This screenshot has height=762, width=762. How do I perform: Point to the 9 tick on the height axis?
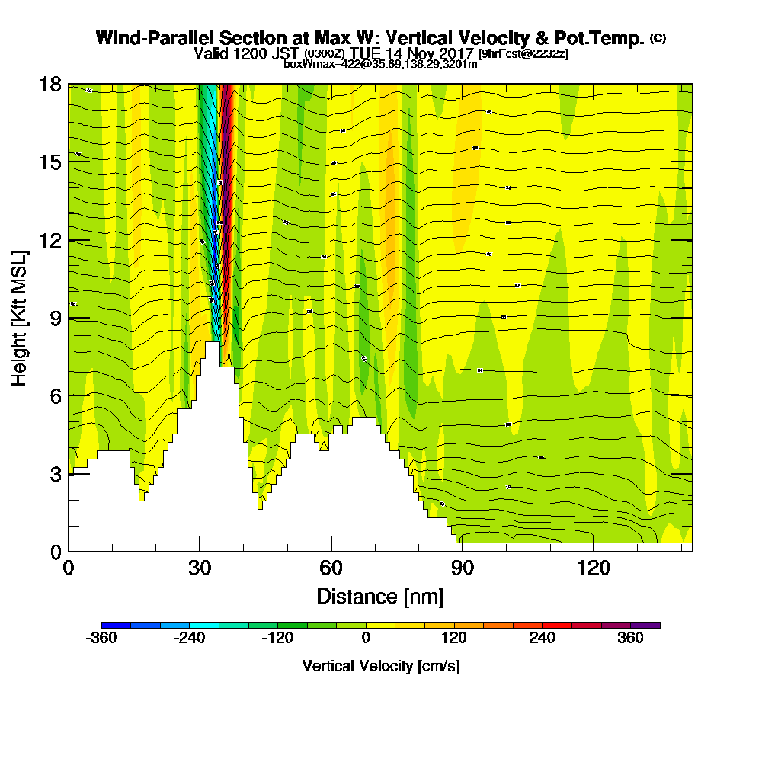(x=69, y=318)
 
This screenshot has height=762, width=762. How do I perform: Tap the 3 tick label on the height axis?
(x=55, y=474)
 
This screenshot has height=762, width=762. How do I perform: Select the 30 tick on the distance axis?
(x=200, y=551)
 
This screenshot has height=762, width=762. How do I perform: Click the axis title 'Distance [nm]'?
(x=380, y=596)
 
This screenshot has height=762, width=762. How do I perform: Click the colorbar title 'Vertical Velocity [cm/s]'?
(x=381, y=666)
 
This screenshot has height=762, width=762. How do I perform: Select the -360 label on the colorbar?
(x=101, y=639)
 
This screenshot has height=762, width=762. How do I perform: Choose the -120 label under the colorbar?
(x=278, y=639)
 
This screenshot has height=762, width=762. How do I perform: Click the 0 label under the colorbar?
(x=367, y=639)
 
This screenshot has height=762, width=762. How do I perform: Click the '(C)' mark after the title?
(x=658, y=38)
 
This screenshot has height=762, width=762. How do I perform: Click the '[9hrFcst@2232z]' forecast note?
(x=522, y=53)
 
